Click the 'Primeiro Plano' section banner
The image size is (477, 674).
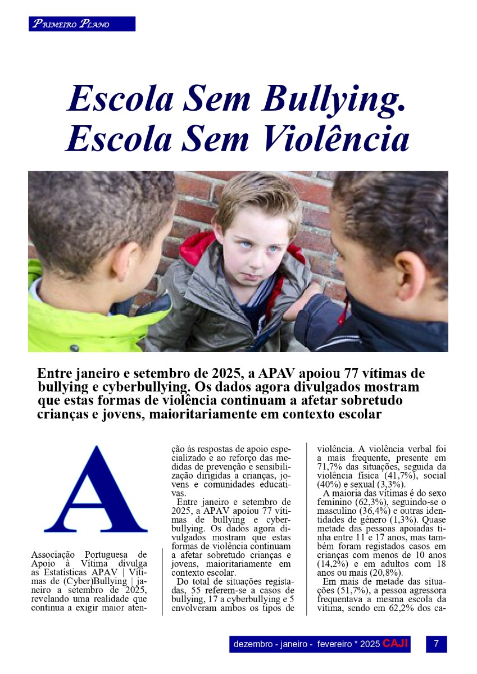coord(82,24)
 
